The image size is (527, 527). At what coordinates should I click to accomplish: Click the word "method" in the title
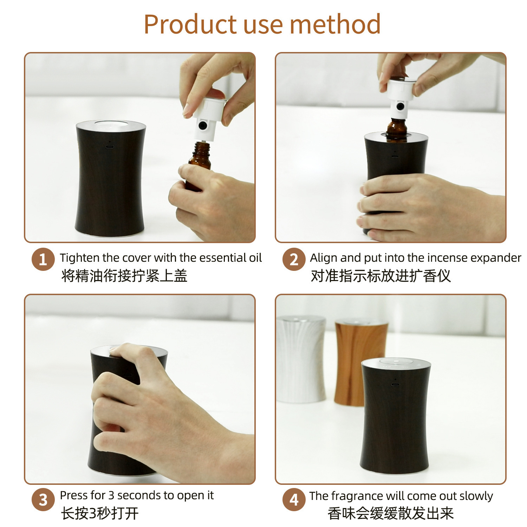[335, 24]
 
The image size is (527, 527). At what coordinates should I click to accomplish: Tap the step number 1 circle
[43, 259]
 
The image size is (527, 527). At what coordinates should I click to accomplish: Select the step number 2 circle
[294, 259]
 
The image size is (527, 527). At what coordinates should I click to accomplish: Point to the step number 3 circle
[43, 499]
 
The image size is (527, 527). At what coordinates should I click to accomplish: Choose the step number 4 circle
[294, 499]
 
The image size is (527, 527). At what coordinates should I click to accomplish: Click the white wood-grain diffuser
[301, 359]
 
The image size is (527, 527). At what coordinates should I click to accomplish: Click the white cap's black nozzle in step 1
[202, 125]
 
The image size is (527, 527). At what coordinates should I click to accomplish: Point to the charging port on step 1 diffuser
[110, 147]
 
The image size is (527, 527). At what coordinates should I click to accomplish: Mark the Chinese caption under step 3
[100, 513]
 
